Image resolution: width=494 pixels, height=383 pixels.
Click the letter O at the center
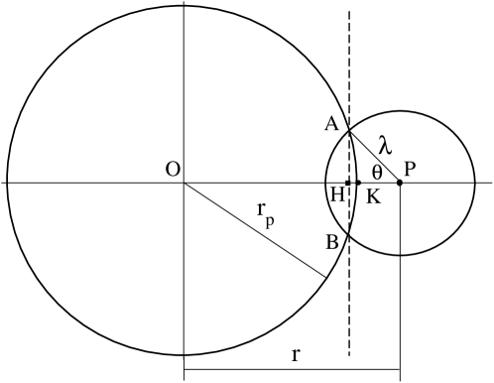pos(172,169)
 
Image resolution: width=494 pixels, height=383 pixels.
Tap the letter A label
pos(332,123)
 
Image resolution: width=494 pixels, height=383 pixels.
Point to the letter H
pos(337,193)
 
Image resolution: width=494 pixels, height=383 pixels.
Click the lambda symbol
pos(385,145)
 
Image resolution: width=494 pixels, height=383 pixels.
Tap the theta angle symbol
pos(377,170)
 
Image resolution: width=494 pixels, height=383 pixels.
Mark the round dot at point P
pos(400,183)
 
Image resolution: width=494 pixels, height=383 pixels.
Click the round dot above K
pos(358,183)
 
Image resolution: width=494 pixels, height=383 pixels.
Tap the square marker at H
pos(348,183)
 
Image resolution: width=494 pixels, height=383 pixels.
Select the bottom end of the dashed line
pos(349,354)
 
